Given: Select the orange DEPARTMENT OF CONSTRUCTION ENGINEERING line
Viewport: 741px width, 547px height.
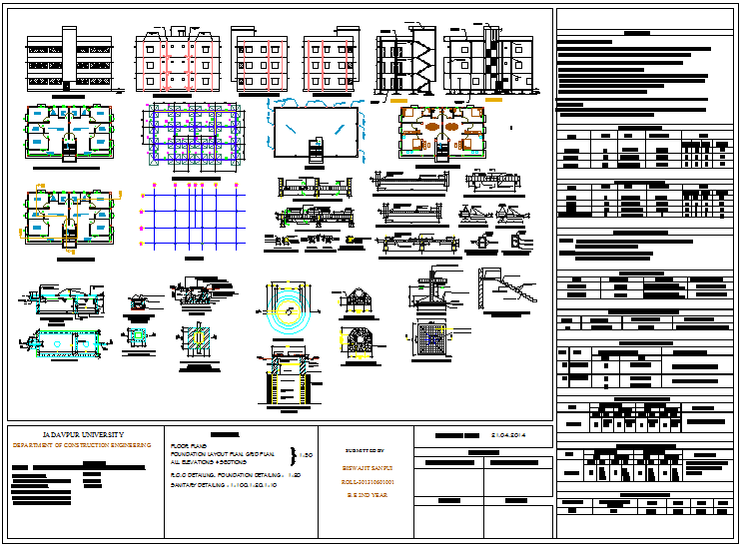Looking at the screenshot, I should [80, 444].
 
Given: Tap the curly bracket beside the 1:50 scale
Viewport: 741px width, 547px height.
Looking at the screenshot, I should [292, 455].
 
